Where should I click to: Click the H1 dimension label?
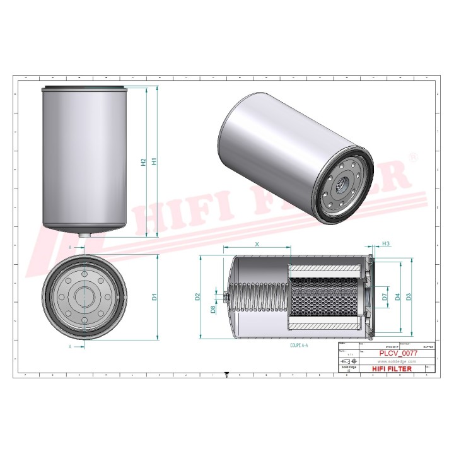coord(153,161)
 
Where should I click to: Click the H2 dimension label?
coord(143,161)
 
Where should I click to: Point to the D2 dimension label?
coord(197,296)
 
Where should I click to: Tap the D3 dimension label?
coord(409,296)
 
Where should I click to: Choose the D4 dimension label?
coord(397,296)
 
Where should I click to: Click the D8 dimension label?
coord(213,309)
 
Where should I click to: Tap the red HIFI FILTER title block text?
coord(395,368)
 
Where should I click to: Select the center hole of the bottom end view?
coord(84,296)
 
